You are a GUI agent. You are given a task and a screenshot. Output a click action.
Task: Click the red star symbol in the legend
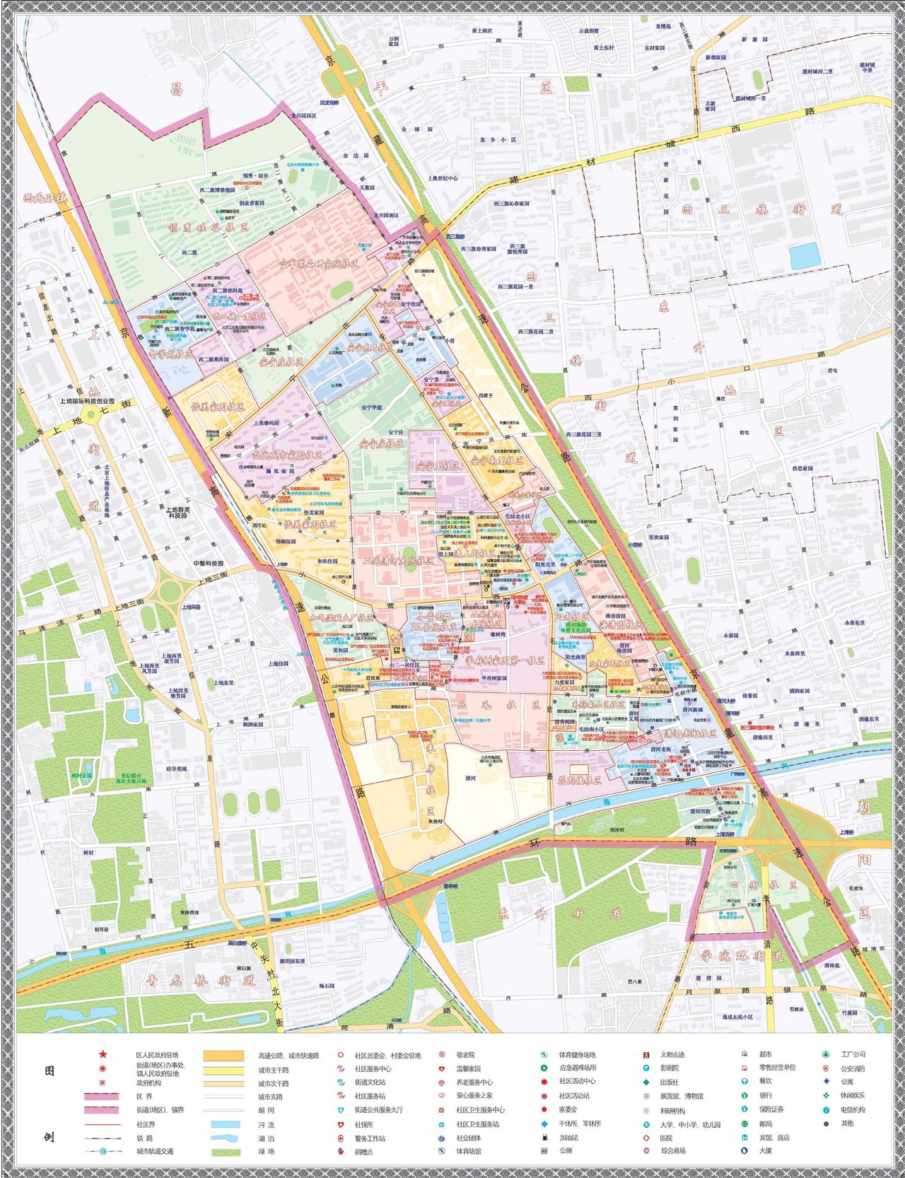(103, 1054)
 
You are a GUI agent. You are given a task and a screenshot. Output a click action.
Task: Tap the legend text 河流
(266, 1124)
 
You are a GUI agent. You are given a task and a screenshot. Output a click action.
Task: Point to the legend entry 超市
(766, 1054)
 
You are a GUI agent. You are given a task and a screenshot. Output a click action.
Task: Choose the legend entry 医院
(666, 1138)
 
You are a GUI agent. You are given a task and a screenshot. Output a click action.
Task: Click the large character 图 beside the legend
(49, 1071)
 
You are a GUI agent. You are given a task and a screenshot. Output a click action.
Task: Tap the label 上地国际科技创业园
(88, 401)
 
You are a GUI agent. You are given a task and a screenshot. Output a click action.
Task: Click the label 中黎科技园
(207, 564)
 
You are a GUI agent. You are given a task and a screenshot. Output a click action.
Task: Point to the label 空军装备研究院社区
(318, 264)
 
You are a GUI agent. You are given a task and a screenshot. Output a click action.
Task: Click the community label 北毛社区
(498, 705)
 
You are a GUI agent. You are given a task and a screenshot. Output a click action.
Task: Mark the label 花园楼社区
(580, 781)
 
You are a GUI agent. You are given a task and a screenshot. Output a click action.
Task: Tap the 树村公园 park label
(82, 775)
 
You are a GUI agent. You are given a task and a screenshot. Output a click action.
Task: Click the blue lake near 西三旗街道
(805, 256)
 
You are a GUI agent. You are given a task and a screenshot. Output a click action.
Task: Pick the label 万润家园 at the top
(394, 41)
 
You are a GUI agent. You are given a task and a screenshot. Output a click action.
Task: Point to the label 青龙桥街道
(199, 981)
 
